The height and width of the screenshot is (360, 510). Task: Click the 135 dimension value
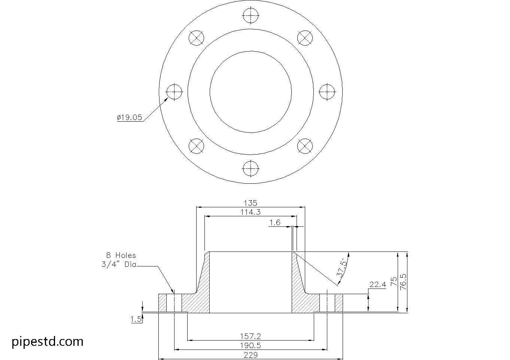[251, 203]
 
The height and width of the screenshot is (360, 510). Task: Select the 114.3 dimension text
[251, 212]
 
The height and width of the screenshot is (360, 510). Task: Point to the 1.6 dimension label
[274, 223]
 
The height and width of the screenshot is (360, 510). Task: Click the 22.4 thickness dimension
[377, 285]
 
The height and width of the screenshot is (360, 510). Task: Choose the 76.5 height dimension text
[403, 281]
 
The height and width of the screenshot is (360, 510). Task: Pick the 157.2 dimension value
[251, 336]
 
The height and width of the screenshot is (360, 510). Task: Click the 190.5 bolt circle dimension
[251, 345]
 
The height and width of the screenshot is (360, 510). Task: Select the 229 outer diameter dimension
[251, 355]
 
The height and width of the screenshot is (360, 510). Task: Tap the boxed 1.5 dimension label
[136, 319]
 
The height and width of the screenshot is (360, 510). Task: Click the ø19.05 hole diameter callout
[130, 118]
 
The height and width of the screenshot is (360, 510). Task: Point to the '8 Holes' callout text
[121, 255]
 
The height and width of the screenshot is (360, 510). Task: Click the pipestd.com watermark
[48, 342]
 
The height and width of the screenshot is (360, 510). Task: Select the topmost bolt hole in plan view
[251, 16]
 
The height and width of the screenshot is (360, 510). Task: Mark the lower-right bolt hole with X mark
[305, 146]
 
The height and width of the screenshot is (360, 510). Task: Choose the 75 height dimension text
[393, 281]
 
